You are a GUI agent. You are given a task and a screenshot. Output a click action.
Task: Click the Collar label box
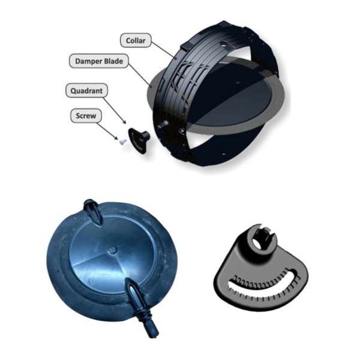pos(136,40)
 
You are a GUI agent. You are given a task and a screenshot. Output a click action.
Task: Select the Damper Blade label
pos(99,61)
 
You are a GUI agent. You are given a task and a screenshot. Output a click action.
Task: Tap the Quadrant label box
pos(86,91)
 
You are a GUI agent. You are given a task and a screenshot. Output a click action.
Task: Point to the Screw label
pos(86,116)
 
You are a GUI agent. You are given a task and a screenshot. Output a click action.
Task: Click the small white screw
pos(122,140)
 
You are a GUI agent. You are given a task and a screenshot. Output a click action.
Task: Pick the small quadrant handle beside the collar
pos(139,140)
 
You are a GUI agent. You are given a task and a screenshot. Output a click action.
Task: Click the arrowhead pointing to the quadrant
pos(124,122)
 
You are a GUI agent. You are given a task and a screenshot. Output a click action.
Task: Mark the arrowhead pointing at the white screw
pos(116,137)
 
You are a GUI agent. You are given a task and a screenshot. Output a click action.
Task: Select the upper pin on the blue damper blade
pos(92,212)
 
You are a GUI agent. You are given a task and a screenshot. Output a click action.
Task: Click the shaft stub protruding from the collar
pos(163,125)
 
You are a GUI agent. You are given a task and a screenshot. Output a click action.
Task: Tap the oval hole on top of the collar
pos(223,44)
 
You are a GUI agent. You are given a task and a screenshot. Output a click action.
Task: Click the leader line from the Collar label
pos(163,50)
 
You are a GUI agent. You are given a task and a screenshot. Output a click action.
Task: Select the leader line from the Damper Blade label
pos(140,75)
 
